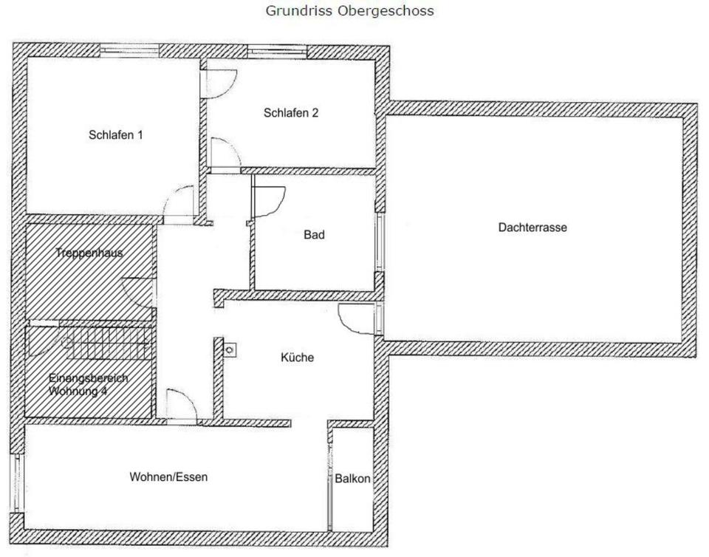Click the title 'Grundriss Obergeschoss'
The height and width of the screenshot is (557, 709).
click(349, 11)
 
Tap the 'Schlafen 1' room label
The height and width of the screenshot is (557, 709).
click(115, 135)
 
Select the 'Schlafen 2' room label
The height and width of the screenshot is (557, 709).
click(290, 113)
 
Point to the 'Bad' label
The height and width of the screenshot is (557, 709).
click(314, 235)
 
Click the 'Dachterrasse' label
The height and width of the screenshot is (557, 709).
click(532, 228)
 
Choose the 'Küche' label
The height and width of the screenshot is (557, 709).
click(297, 358)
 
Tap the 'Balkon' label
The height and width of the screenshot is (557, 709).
click(352, 479)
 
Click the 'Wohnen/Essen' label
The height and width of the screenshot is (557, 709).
click(168, 476)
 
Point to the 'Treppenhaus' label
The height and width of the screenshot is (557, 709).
click(89, 253)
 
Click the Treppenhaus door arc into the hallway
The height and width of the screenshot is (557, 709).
click(139, 291)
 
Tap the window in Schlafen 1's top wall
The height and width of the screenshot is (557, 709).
click(129, 49)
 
